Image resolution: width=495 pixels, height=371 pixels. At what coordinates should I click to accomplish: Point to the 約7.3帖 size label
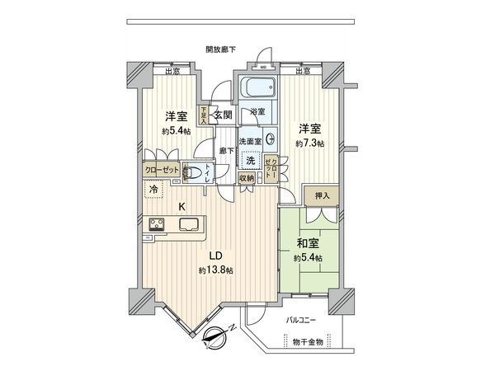pyautogui.click(x=312, y=143)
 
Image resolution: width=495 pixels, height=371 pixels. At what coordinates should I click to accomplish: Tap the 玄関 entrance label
pyautogui.click(x=224, y=115)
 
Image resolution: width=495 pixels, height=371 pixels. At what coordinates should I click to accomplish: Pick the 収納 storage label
pyautogui.click(x=247, y=177)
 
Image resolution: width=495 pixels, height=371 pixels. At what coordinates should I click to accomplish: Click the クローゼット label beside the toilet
pyautogui.click(x=162, y=169)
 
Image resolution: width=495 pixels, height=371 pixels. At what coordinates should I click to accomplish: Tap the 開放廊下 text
pyautogui.click(x=220, y=49)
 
